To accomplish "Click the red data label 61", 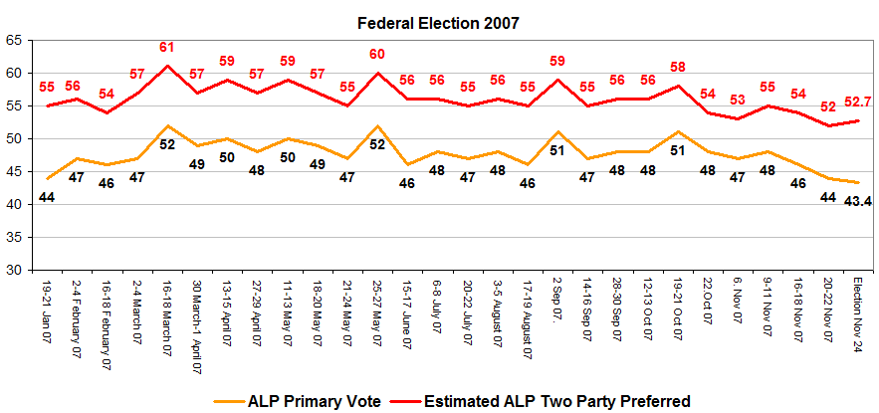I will tap(167, 47).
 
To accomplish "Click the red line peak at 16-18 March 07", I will tap(167, 66).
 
